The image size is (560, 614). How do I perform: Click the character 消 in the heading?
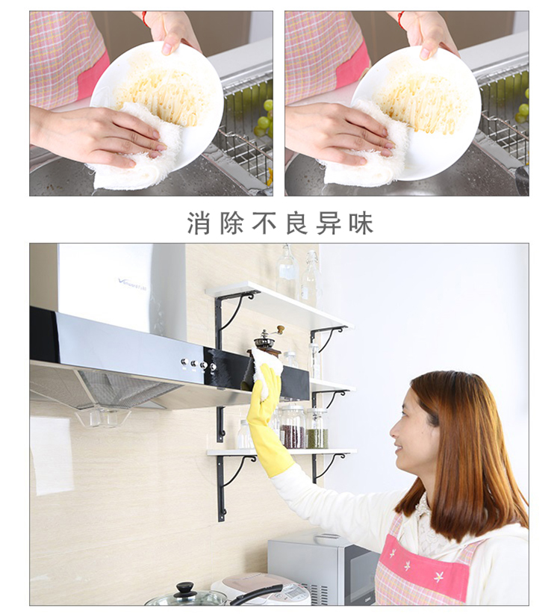tap(199, 223)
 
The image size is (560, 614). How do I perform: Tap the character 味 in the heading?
tap(361, 223)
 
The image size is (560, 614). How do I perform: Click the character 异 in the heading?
tap(329, 223)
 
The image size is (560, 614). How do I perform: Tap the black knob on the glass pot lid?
tap(184, 588)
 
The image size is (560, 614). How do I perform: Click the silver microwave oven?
tap(323, 567)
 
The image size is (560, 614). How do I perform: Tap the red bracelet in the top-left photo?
tap(145, 19)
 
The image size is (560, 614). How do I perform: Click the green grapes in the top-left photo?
tap(264, 120)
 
